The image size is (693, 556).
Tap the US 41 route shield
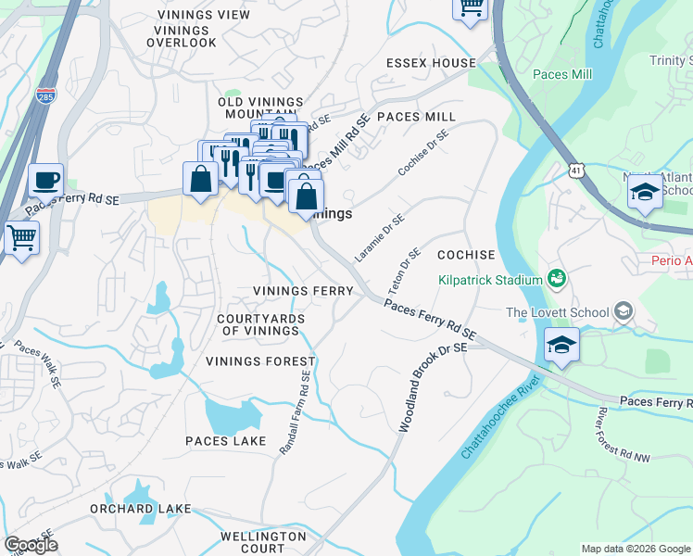click(577, 171)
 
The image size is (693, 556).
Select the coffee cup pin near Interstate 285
click(44, 181)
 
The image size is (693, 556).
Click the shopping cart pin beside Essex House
click(471, 7)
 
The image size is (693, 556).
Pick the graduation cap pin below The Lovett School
click(561, 346)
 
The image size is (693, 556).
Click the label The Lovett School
click(558, 312)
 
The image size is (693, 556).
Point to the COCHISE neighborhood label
click(466, 254)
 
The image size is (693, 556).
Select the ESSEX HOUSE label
click(431, 64)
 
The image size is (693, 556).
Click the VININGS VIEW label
click(196, 15)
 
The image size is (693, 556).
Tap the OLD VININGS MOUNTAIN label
click(260, 107)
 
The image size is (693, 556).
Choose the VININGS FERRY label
click(303, 291)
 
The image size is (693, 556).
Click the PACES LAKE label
click(226, 441)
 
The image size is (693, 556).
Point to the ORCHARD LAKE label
click(140, 509)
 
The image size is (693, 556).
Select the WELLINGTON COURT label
click(263, 542)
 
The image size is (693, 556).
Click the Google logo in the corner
click(31, 545)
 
